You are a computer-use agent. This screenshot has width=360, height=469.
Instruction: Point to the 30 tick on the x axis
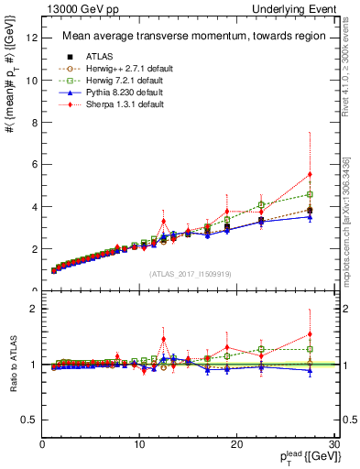pos(334,444)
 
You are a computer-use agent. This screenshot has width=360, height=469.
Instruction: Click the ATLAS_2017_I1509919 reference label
pos(191,274)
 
